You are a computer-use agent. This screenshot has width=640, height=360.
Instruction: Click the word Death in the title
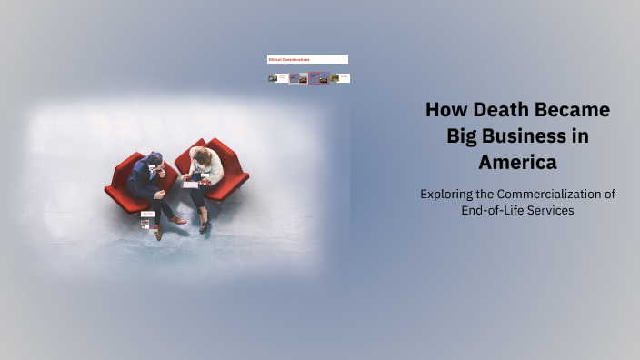(x=496, y=111)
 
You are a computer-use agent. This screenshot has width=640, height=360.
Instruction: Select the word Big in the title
(x=465, y=137)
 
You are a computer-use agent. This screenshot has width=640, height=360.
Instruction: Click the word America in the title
(x=517, y=164)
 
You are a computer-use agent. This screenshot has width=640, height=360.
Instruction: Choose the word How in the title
(x=444, y=111)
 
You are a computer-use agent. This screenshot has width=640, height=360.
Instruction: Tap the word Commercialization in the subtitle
(x=551, y=194)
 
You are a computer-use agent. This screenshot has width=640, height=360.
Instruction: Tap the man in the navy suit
(x=145, y=178)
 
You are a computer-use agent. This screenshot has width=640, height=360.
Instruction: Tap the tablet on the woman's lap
(x=190, y=184)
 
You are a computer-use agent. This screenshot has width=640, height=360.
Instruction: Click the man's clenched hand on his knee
(x=160, y=194)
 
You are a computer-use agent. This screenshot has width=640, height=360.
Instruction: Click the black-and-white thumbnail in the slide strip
(x=272, y=78)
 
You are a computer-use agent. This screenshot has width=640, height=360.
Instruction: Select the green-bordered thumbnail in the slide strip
(x=335, y=78)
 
